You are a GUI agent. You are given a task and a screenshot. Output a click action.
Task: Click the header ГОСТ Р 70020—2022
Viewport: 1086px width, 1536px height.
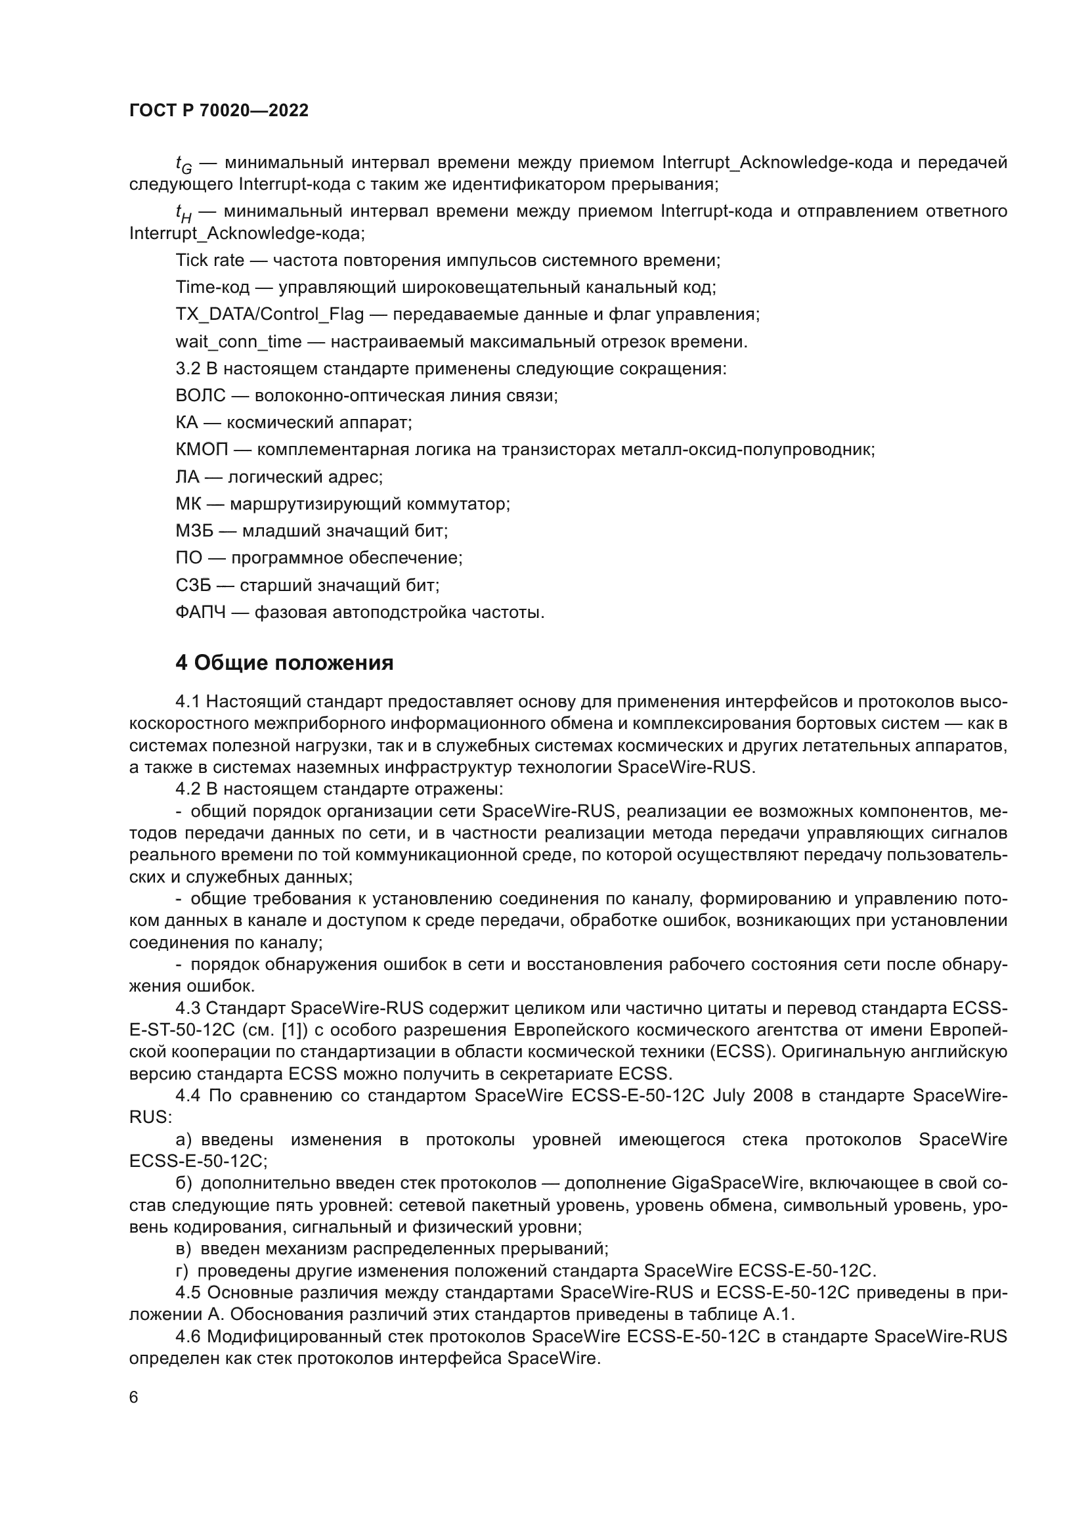[x=219, y=111]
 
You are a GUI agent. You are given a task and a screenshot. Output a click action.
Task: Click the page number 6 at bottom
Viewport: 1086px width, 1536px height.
[x=134, y=1397]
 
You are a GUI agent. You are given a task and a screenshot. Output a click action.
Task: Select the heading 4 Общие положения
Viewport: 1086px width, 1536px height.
[x=284, y=663]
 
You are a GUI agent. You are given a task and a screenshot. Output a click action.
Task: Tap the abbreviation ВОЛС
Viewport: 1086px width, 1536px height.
[x=201, y=395]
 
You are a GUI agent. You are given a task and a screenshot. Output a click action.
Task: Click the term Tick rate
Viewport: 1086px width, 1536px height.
[x=210, y=260]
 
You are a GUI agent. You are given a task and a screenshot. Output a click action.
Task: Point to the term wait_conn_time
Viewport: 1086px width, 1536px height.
[x=239, y=342]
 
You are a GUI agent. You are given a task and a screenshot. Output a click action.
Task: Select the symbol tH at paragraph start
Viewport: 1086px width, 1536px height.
[x=183, y=213]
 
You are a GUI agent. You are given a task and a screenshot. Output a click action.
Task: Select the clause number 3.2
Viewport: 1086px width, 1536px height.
[x=188, y=368]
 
